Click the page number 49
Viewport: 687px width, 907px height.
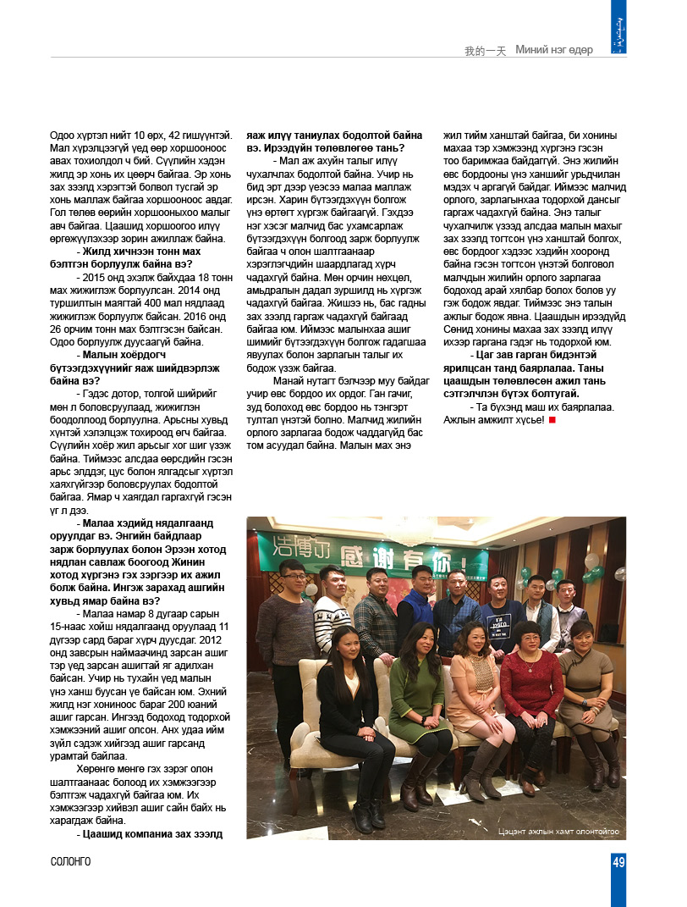[618, 862]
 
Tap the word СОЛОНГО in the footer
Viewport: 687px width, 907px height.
[70, 862]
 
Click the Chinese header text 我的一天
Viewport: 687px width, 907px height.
[485, 51]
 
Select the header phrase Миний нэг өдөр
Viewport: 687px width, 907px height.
[554, 50]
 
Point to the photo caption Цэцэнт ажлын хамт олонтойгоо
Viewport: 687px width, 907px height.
[558, 832]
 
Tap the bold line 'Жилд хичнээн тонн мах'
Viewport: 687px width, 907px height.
[139, 252]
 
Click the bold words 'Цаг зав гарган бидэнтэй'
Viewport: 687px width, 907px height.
[528, 353]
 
